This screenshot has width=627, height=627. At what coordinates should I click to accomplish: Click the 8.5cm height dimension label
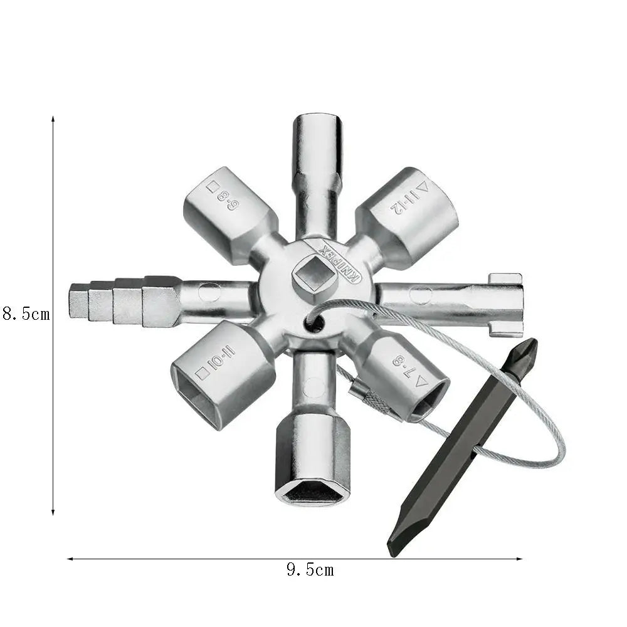click(x=26, y=313)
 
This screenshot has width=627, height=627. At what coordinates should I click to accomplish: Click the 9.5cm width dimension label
click(x=310, y=570)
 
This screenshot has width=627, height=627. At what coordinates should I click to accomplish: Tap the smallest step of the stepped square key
click(x=78, y=300)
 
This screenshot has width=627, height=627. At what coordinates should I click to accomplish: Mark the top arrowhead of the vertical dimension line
click(x=53, y=119)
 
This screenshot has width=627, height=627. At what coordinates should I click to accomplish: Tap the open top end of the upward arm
click(x=318, y=120)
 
